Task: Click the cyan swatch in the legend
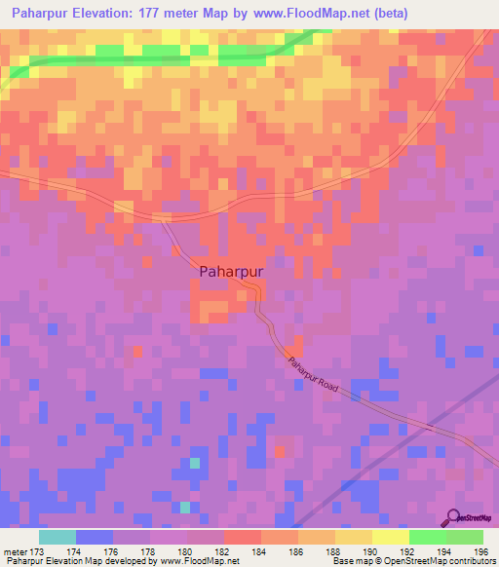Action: [x=58, y=537]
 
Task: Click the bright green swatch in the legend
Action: [x=427, y=537]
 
